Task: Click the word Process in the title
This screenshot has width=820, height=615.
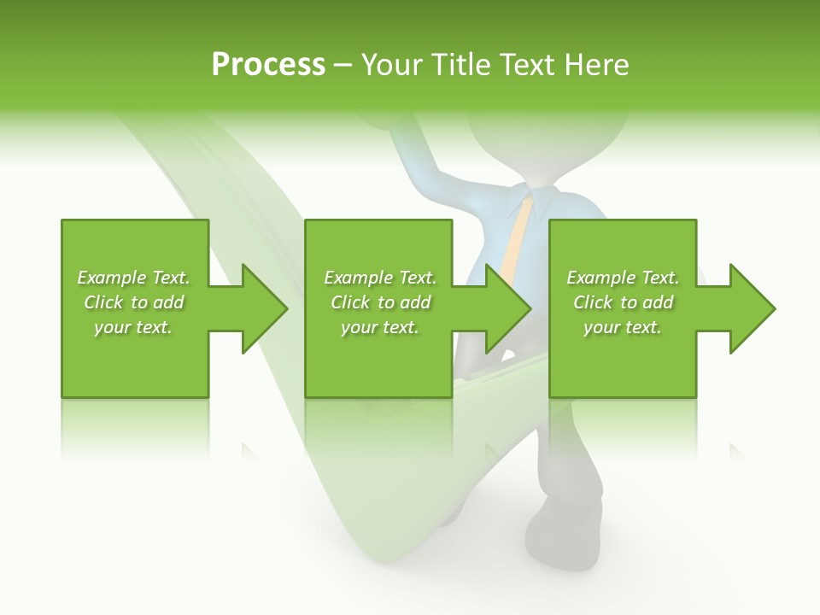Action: (268, 65)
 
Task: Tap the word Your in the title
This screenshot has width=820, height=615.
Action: (393, 65)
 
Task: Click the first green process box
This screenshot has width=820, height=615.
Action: (134, 359)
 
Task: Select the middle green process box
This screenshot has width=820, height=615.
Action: (378, 359)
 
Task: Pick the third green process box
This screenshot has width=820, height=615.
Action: (622, 359)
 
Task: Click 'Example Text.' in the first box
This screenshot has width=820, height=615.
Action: (133, 278)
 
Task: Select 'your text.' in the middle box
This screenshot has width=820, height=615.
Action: (379, 327)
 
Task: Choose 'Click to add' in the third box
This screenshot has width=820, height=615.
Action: (623, 302)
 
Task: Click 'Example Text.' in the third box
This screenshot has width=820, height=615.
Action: (623, 278)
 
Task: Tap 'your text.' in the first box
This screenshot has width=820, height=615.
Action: (133, 327)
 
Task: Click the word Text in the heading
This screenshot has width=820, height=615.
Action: (527, 65)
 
